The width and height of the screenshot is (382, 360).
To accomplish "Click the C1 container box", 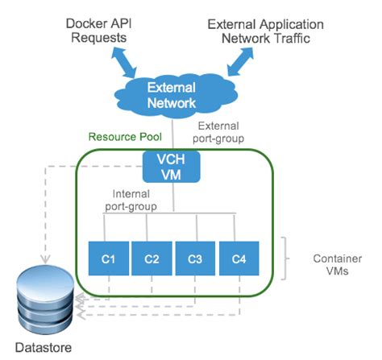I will [108, 259].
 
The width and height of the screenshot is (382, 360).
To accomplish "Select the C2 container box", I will [151, 259].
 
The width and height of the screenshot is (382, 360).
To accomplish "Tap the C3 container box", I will [194, 259].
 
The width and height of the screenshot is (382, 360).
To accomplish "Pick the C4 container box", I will [238, 259].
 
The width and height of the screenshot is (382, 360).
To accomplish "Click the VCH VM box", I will [169, 166].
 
